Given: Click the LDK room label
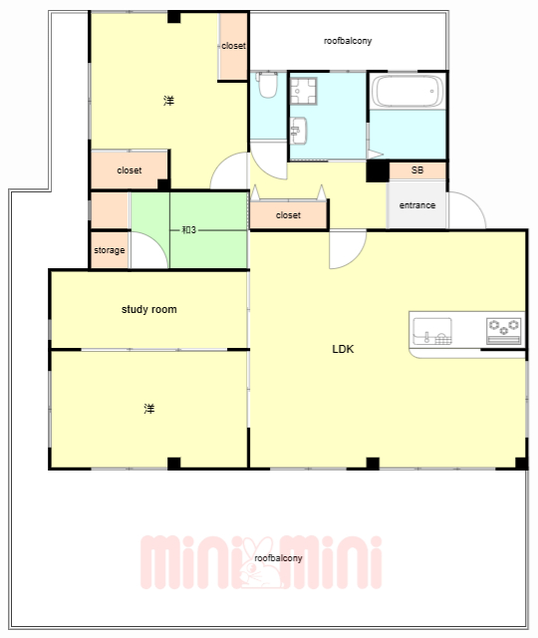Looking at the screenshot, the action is (x=343, y=349).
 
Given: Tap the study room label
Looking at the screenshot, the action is (x=149, y=309).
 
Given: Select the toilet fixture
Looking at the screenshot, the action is (x=268, y=85).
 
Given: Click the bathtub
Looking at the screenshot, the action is (x=408, y=91).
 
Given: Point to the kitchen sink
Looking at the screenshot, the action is (x=432, y=331).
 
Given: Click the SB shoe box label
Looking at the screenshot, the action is (x=417, y=170).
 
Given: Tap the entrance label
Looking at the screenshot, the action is (x=417, y=205).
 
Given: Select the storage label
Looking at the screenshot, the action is (x=110, y=250).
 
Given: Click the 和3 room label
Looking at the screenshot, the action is (x=188, y=230).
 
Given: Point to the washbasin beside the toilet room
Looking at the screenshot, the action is (x=299, y=131).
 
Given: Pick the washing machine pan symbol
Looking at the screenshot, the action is (x=303, y=91).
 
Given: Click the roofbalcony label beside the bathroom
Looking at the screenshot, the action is (x=348, y=41).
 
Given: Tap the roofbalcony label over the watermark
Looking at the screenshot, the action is (x=279, y=558).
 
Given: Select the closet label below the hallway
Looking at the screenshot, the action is (x=288, y=215).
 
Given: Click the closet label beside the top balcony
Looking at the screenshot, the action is (x=234, y=46).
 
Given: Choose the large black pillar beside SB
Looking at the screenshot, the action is (x=378, y=170).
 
